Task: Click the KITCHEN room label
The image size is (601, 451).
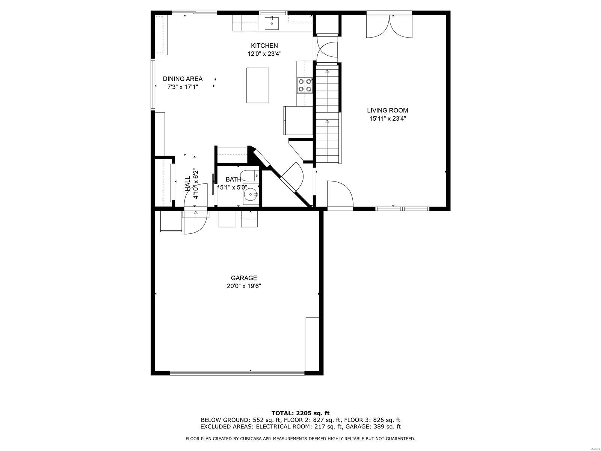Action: point(264,46)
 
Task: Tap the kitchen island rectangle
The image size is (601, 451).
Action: point(258,85)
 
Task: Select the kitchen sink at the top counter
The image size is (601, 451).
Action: point(272,23)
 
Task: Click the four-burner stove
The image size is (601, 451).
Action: point(305,85)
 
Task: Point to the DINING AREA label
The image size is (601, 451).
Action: point(183,79)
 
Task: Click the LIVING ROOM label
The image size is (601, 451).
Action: point(387,110)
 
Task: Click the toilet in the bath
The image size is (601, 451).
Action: point(250,175)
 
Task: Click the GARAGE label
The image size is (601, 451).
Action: point(244,278)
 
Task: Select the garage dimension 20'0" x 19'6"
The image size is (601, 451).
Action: point(244,286)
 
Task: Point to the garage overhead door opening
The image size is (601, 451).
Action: point(237,373)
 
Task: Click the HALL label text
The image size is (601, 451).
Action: point(188,184)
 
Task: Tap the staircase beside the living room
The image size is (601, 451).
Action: point(327,113)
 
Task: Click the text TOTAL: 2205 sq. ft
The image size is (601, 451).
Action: point(300,413)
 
